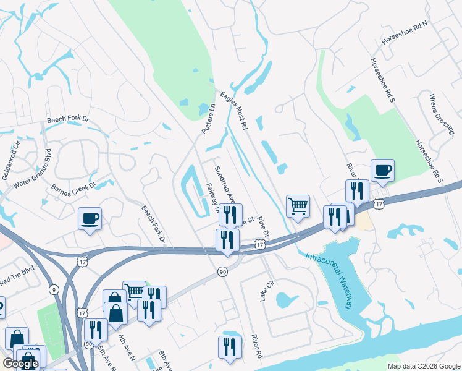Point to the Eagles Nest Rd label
click(x=233, y=110)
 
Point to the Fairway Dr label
click(x=213, y=198)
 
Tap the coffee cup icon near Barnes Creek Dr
click(x=90, y=218)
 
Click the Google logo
click(x=20, y=364)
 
